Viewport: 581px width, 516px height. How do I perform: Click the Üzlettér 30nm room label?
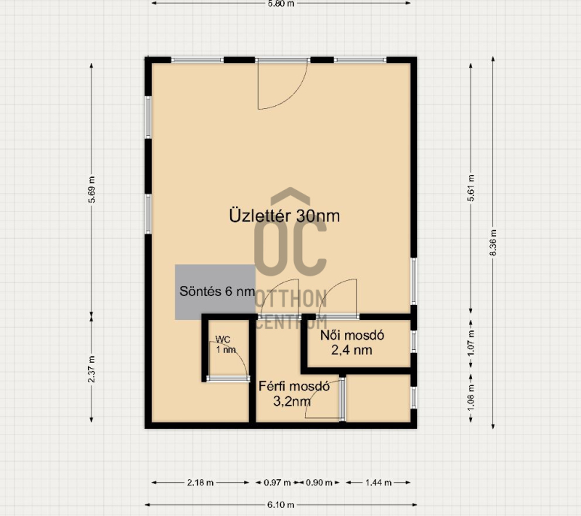(285, 216)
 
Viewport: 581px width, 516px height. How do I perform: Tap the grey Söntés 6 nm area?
(215, 292)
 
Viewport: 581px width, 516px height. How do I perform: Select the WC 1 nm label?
(225, 345)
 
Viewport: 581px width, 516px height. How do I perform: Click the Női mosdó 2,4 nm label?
(352, 343)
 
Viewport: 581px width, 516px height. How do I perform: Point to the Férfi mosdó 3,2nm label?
(294, 393)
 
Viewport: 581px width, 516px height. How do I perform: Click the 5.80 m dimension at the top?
(281, 4)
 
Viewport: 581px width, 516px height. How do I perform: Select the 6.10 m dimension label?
(281, 504)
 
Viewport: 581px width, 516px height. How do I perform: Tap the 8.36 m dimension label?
(493, 242)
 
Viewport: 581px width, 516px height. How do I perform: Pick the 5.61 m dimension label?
(471, 188)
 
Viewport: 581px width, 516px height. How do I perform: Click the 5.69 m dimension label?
(92, 189)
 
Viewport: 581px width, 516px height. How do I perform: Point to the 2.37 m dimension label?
(92, 369)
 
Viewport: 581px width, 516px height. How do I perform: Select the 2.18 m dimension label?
(200, 483)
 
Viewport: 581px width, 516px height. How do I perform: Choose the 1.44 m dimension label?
(378, 483)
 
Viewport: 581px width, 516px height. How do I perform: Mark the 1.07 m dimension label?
(471, 343)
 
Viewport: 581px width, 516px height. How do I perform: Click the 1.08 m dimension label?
(471, 398)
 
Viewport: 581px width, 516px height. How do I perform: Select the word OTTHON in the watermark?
(291, 299)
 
